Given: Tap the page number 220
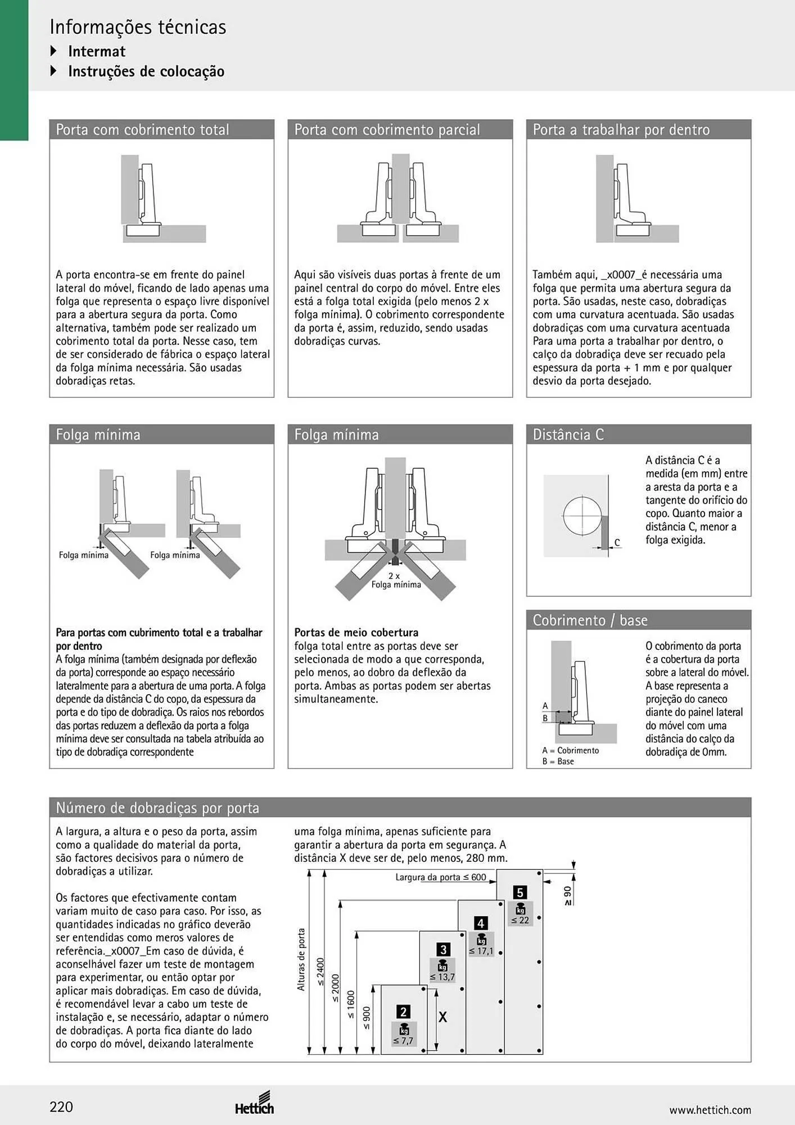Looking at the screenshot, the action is coord(61,1107).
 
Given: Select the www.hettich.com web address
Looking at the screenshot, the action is coord(710,1110).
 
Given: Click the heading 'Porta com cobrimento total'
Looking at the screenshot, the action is coord(142,130).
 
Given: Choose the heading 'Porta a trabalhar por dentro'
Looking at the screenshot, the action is coord(621,130).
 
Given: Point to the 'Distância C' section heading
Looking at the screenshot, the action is coord(568,435).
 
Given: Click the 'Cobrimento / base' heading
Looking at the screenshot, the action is coord(590,620).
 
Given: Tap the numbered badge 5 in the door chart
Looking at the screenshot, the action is coord(520,893).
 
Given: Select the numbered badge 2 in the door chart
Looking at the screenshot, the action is coord(403,1012).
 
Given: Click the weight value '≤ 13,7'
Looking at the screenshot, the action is coord(442,977).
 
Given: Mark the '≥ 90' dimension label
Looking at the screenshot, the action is coord(568,896).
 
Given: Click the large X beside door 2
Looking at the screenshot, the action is coord(443,1017).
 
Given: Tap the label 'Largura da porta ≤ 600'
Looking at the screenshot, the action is coord(441,877).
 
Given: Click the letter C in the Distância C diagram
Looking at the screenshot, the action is coord(617,543).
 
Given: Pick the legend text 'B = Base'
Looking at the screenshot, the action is coord(558,761).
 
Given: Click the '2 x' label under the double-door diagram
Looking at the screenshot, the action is coord(394,576).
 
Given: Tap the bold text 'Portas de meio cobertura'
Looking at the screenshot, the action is coord(356,632).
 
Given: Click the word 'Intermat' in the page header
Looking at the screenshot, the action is coord(97,51).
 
